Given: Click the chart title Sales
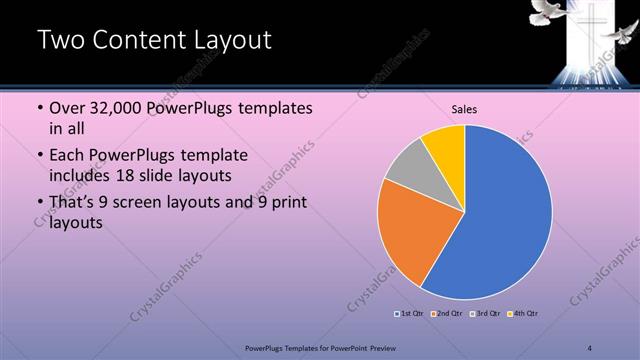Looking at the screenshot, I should coord(464,109).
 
